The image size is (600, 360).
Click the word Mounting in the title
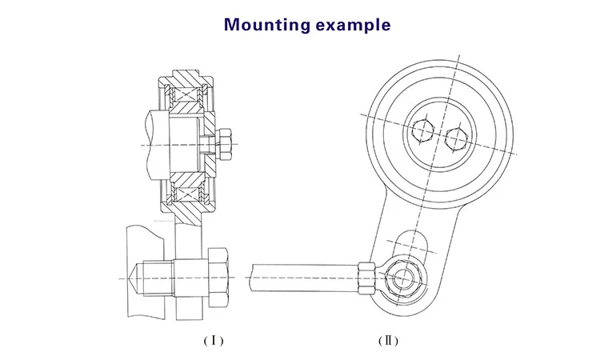coord(266,24)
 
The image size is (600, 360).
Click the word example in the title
coord(353,25)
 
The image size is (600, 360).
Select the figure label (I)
coord(213,340)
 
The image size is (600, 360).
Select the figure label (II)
coord(387,340)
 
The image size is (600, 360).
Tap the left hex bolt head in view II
coord(422,130)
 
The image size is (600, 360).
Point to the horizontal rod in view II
coord(304,274)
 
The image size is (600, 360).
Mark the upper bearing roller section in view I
coord(189,98)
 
